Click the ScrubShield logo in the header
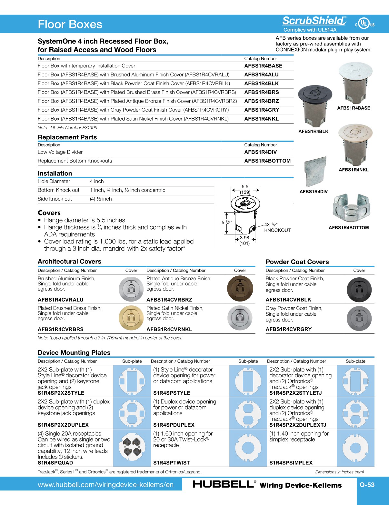tap(314, 21)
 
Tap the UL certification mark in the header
tap(365, 24)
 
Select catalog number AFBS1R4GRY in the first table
tap(262, 110)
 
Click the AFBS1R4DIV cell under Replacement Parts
tap(260, 152)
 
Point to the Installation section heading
tap(55, 173)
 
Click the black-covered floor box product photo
tap(314, 106)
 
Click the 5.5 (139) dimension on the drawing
tap(245, 189)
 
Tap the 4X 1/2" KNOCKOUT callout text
tap(277, 227)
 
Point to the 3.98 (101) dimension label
tap(244, 241)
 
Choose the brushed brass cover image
tap(131, 318)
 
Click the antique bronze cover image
tap(240, 288)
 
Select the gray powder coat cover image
tap(359, 318)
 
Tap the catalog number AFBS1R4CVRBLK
tap(288, 300)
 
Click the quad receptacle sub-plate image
tap(132, 447)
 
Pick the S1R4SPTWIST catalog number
tap(171, 463)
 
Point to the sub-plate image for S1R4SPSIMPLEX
tap(355, 448)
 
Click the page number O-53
tap(367, 485)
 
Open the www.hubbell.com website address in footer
tap(105, 485)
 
